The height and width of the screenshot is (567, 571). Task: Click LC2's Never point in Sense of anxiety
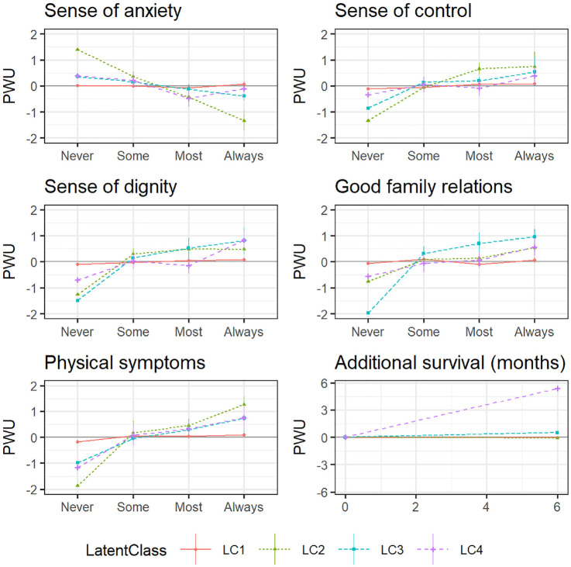[77, 49]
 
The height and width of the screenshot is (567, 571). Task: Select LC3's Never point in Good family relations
[367, 313]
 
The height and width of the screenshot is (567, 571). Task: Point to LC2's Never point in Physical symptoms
[77, 486]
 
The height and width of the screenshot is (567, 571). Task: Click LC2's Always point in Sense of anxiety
[244, 120]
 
